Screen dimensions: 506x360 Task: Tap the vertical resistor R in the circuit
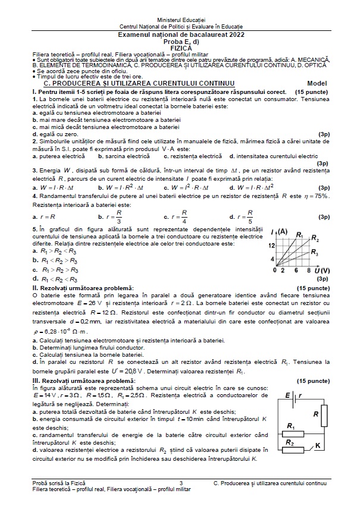324,414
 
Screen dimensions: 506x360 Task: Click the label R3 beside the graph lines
315,252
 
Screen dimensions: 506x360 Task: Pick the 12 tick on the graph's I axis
271,245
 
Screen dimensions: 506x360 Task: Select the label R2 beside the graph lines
315,239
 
